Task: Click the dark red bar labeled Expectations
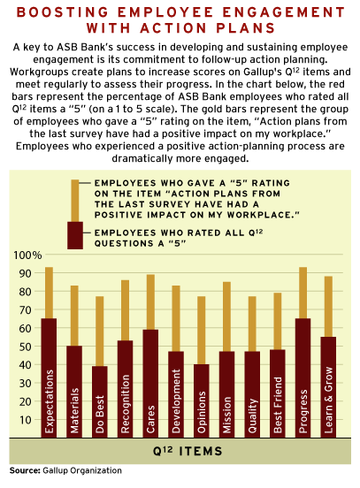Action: point(49,377)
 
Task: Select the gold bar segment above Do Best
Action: point(100,332)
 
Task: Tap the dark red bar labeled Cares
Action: point(150,384)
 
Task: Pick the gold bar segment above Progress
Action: point(303,293)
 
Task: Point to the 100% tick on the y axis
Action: point(27,255)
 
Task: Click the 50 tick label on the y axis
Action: point(26,347)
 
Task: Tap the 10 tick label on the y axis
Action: point(26,420)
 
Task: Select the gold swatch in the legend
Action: point(75,201)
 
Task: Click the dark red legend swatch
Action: point(75,235)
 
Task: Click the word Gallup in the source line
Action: point(55,470)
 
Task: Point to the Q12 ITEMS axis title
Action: point(188,451)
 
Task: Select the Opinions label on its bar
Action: point(202,412)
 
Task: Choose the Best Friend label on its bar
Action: point(278,405)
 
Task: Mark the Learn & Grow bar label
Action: point(328,400)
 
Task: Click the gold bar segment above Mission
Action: point(227,316)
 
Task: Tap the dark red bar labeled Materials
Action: point(74,392)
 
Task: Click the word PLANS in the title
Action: point(246,28)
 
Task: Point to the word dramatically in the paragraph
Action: point(142,158)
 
